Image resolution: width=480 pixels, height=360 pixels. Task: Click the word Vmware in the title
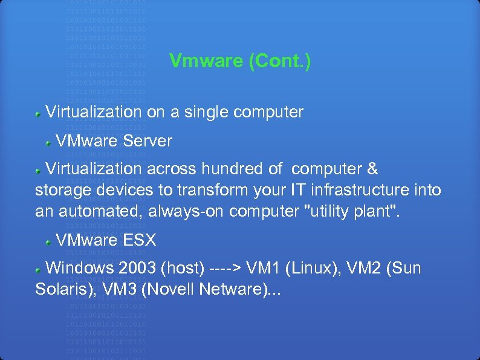pos(206,61)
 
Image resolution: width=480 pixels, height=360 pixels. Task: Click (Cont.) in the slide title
pos(280,61)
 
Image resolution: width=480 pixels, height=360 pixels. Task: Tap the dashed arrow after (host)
pos(230,267)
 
